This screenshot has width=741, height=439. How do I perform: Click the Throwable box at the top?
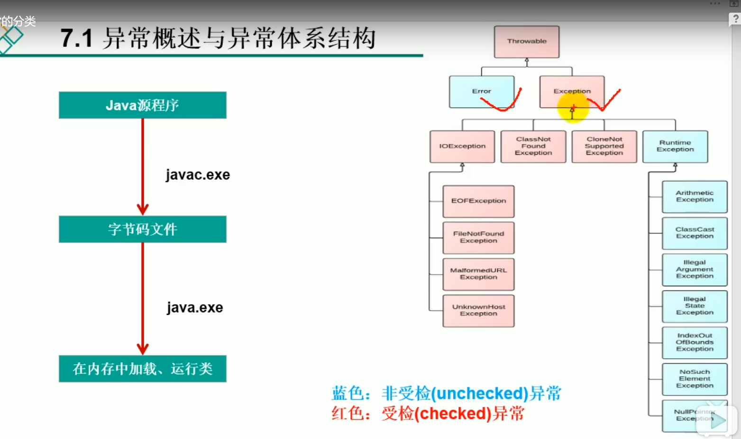coord(526,42)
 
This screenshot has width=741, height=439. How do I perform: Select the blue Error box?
coord(481,92)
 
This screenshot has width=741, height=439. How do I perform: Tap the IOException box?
coord(462,147)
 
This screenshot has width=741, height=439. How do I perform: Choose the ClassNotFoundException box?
coord(533,147)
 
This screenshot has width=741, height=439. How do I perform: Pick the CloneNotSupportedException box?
coord(604,147)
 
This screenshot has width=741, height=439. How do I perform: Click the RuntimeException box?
coord(675,147)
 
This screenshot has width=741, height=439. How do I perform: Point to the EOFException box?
coord(478,201)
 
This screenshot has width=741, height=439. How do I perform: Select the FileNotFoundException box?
coord(478,238)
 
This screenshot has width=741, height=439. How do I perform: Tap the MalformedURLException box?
coord(478,274)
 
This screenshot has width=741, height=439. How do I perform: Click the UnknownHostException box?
coord(478,311)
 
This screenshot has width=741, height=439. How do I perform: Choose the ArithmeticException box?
coord(695,196)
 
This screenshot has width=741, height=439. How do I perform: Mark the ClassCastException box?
coord(695,233)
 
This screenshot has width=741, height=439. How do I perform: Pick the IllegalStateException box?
coord(695,306)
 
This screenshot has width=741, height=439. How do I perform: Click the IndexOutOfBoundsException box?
coord(695,343)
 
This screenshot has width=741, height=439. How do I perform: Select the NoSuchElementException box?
coord(695,379)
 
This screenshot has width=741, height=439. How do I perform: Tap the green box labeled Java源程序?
coord(142,105)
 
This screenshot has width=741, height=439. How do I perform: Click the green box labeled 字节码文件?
coord(142,230)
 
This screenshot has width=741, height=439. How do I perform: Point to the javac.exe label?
coord(198,175)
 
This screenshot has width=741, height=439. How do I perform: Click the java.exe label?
coord(195,308)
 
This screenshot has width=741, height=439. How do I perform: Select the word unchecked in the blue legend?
coord(479,394)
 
